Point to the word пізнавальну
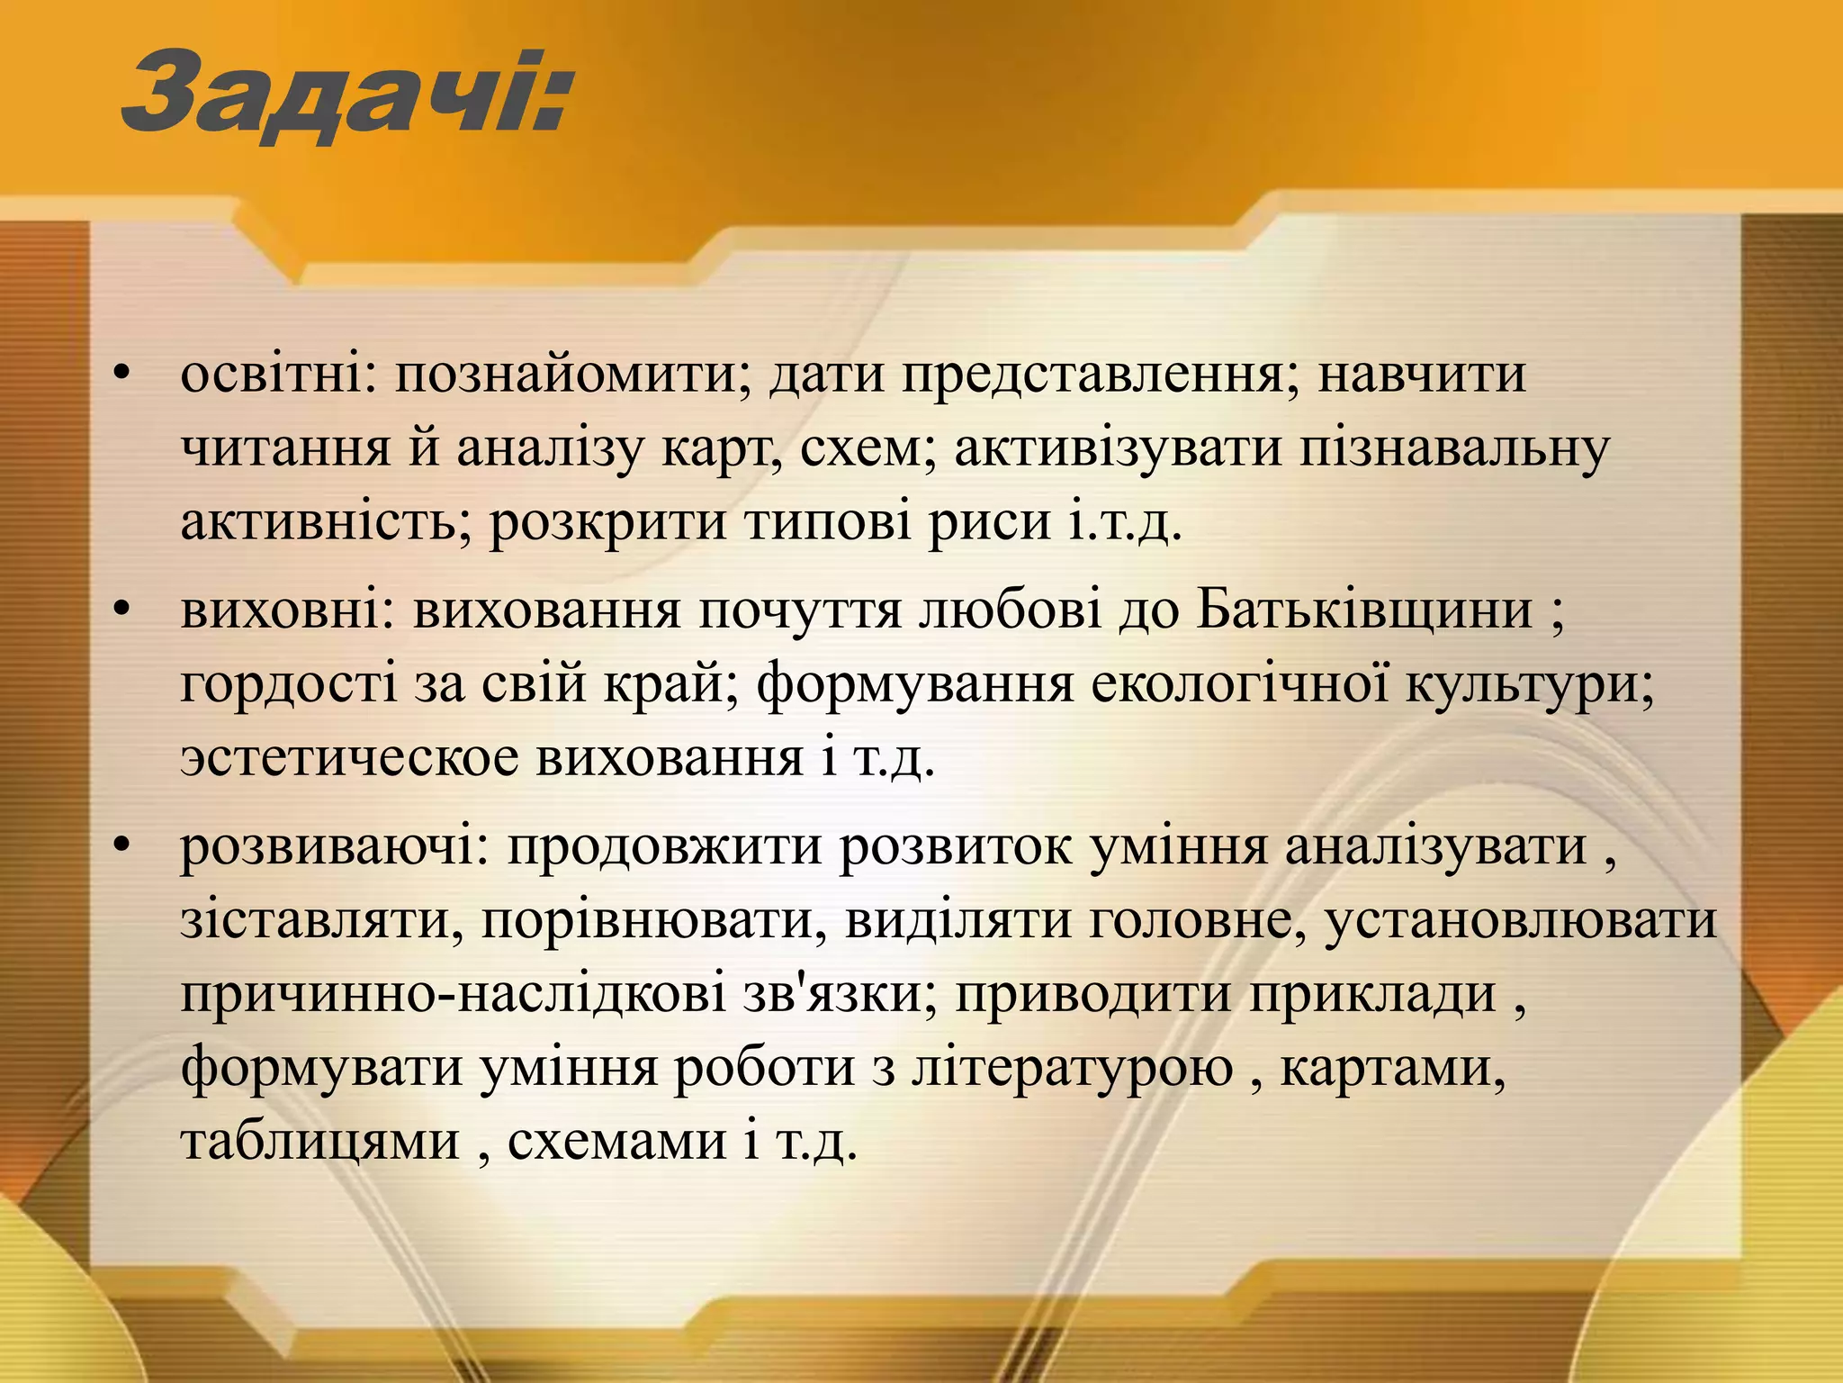pyautogui.click(x=1452, y=448)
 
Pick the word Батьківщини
pyautogui.click(x=1364, y=611)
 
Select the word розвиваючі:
pyautogui.click(x=333, y=848)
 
